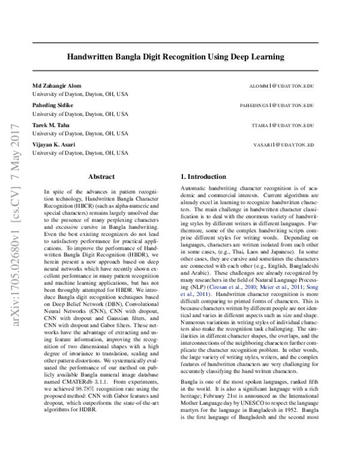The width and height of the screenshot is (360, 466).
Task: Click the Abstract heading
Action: click(102, 177)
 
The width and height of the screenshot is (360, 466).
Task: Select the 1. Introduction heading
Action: click(204, 177)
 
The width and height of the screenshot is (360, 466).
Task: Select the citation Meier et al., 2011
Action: click(280, 288)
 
